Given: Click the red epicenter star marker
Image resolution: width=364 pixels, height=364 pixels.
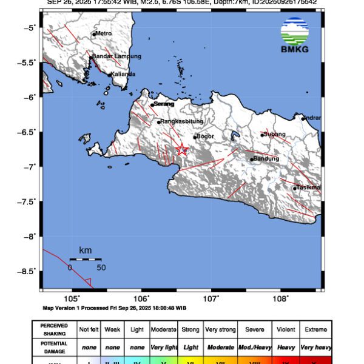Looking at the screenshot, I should pyautogui.click(x=181, y=149).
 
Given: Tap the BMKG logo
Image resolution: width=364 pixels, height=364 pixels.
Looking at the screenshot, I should pyautogui.click(x=294, y=35).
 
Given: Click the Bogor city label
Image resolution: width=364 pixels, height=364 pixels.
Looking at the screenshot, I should pyautogui.click(x=206, y=136).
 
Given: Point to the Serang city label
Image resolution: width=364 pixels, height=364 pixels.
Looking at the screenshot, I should pyautogui.click(x=164, y=104).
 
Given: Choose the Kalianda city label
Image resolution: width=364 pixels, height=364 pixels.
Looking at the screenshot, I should pyautogui.click(x=123, y=74).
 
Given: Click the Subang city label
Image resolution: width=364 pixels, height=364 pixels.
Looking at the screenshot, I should pyautogui.click(x=275, y=134).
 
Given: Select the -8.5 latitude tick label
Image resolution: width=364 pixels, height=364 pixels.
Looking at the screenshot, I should pyautogui.click(x=29, y=271).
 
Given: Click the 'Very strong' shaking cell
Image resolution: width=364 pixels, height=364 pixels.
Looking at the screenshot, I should pyautogui.click(x=220, y=329).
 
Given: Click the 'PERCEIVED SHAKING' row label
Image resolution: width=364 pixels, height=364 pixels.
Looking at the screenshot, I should pyautogui.click(x=54, y=329).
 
